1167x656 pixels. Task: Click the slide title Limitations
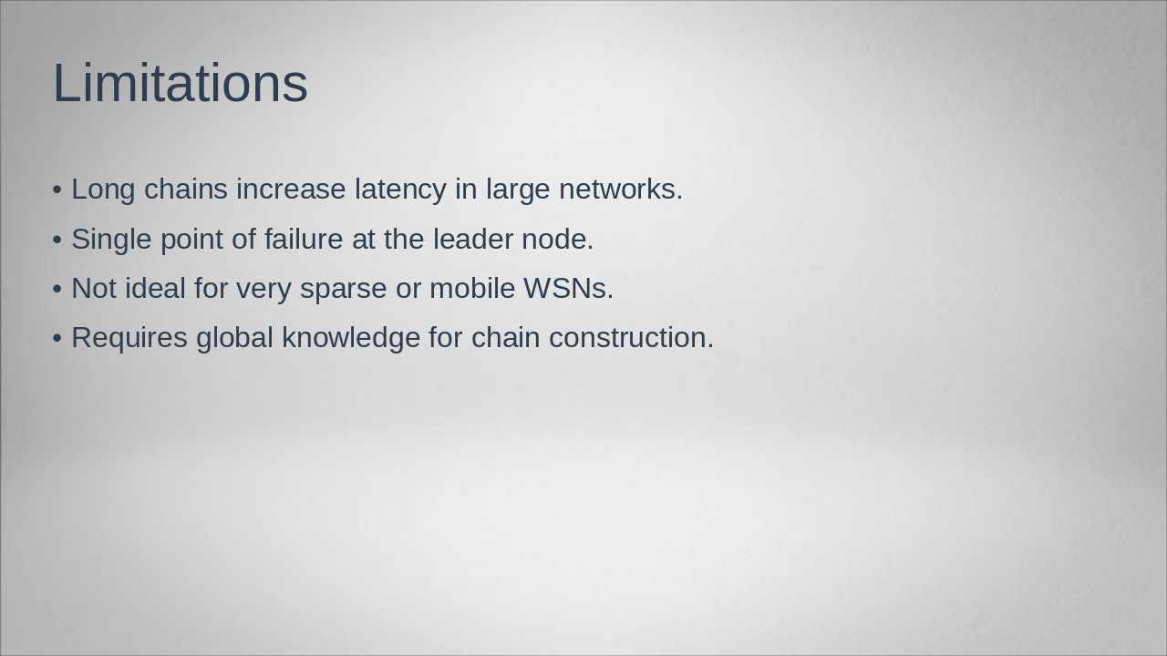[x=180, y=83]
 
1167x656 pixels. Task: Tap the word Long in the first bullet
[x=103, y=190]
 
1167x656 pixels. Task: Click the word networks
[x=620, y=190]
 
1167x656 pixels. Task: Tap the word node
[x=557, y=240]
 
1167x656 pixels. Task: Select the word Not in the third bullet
[x=94, y=289]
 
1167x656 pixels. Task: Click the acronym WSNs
[x=568, y=289]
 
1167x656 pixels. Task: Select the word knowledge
[x=351, y=338]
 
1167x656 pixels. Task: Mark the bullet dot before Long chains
[x=57, y=190]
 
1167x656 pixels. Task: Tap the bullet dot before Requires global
[x=57, y=339]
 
